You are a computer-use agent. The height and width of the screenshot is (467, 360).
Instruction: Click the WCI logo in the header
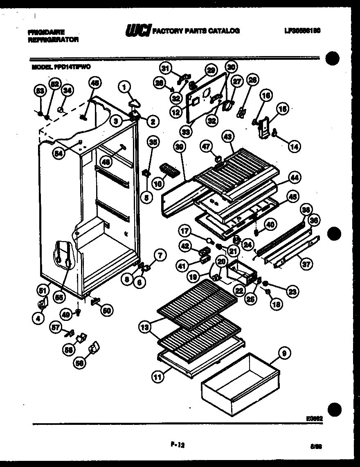(138, 31)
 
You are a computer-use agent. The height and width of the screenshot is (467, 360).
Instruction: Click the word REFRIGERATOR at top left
(53, 40)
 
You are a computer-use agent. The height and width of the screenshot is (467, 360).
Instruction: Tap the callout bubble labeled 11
(157, 377)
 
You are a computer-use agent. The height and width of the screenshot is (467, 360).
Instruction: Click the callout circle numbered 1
(124, 86)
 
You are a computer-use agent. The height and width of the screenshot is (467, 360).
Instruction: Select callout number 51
(41, 291)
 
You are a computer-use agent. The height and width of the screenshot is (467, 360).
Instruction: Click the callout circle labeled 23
(292, 291)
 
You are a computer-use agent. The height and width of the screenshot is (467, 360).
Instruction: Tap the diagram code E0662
(314, 419)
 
